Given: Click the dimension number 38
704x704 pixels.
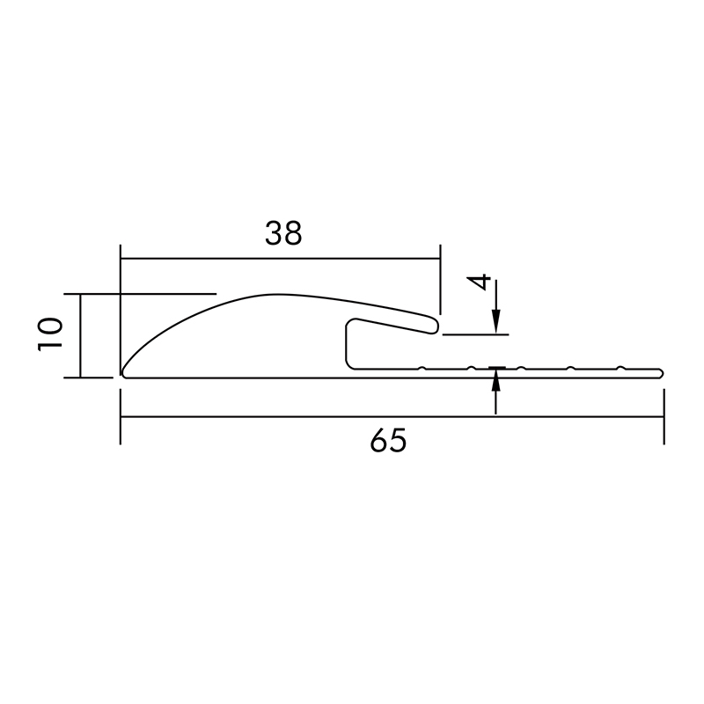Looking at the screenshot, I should click(x=283, y=233).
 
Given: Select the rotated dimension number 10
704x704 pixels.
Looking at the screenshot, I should click(x=50, y=334).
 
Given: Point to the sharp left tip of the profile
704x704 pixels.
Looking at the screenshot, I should click(x=122, y=373).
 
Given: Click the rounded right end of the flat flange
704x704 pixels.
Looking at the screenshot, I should click(x=660, y=372).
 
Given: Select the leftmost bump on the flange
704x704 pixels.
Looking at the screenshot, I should click(x=423, y=367).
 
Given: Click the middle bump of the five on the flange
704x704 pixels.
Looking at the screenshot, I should click(x=522, y=367).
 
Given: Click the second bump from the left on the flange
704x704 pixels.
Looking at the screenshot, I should click(x=473, y=367).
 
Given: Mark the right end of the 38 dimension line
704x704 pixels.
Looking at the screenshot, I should click(x=438, y=259).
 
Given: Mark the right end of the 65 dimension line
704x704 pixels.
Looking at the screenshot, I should click(x=663, y=417).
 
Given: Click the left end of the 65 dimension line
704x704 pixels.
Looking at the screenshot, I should click(x=121, y=417).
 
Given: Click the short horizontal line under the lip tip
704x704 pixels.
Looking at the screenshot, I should click(x=475, y=334).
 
